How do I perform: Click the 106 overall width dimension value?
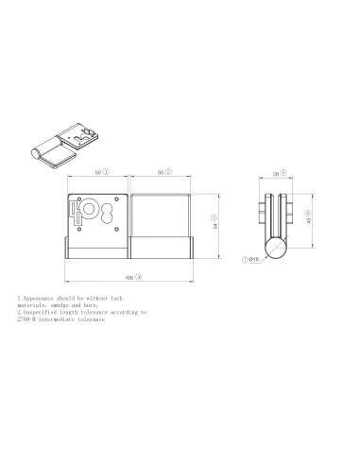tap(129, 277)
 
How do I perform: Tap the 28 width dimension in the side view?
tap(273, 174)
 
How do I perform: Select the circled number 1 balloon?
tap(107, 174)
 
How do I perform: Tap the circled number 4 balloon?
tap(138, 277)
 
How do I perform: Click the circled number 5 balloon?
tap(283, 174)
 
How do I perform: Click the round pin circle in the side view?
tap(277, 248)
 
